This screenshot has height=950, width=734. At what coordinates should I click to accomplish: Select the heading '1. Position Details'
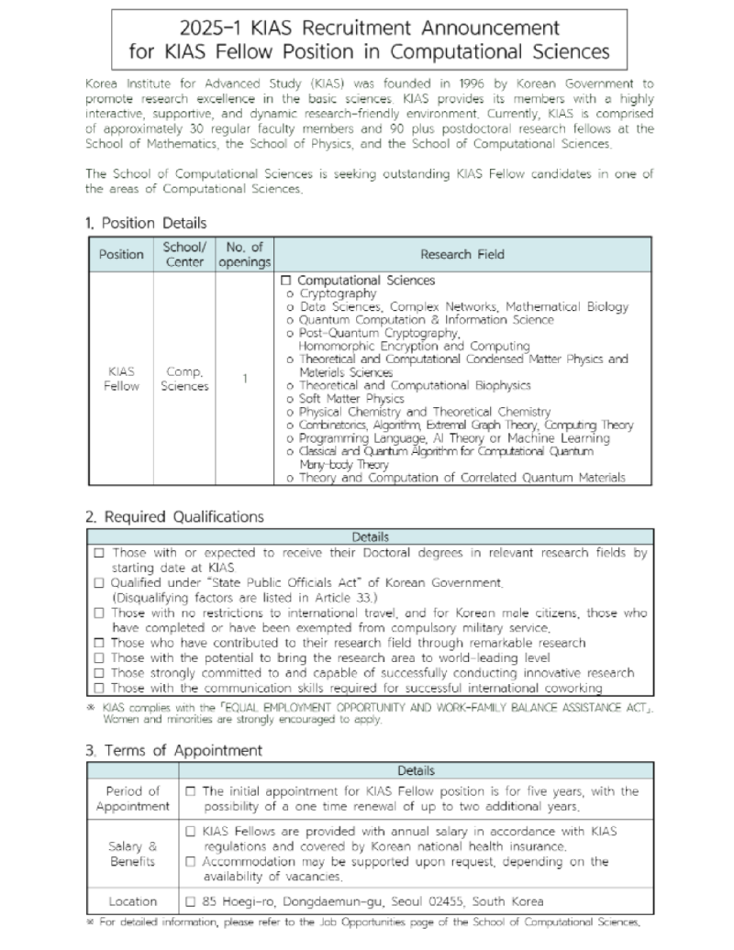[x=146, y=223]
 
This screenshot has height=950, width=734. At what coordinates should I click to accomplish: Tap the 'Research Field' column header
[x=462, y=254]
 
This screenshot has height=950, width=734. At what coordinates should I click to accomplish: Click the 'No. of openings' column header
[x=245, y=254]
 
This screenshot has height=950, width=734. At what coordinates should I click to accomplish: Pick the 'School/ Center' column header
[x=184, y=254]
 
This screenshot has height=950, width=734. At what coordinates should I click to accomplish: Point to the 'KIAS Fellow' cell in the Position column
[x=121, y=379]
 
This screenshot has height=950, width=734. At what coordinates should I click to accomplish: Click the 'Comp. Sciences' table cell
[x=184, y=379]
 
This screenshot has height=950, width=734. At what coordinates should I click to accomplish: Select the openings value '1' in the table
[x=245, y=379]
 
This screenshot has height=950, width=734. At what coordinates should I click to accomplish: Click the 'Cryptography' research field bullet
[x=338, y=293]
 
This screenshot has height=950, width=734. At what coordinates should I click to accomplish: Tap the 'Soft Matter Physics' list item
[x=351, y=399]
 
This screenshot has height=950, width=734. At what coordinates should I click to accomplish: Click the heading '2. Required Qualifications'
[x=174, y=517]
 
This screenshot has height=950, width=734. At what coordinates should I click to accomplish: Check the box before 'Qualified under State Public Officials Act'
[x=98, y=583]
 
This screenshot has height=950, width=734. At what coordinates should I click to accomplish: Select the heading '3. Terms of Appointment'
[x=173, y=750]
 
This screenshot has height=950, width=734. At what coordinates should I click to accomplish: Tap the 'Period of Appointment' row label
[x=133, y=799]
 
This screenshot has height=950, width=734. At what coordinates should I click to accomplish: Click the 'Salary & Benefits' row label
[x=133, y=854]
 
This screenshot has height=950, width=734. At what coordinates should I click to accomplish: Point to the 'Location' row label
[x=133, y=901]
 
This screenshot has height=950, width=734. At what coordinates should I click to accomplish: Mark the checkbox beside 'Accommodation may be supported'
[x=191, y=862]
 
